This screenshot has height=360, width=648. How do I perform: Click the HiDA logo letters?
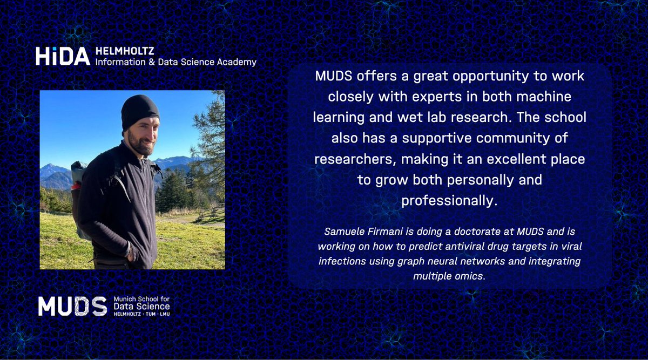point(62,56)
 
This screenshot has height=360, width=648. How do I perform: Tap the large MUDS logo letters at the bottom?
point(72,306)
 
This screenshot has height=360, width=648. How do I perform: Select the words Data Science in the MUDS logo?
point(141,306)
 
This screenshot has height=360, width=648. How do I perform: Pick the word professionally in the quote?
point(448,201)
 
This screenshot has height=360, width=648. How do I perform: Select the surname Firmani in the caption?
point(384,232)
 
